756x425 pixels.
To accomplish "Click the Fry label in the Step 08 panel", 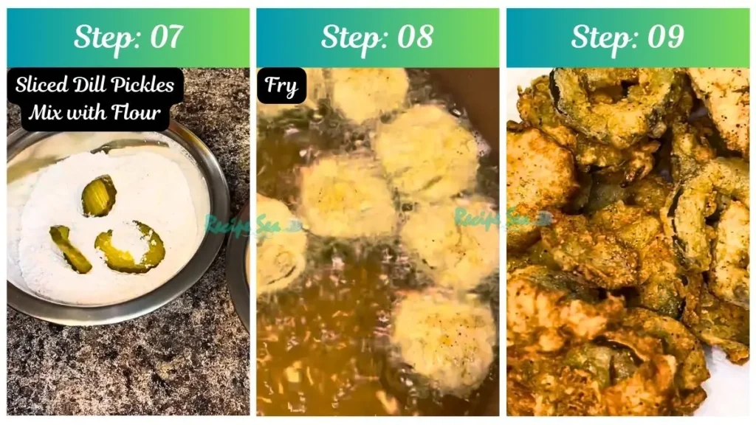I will point(281,86).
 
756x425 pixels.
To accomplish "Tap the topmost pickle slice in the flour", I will point(98,196).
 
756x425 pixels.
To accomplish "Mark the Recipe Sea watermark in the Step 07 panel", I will point(236,224).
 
